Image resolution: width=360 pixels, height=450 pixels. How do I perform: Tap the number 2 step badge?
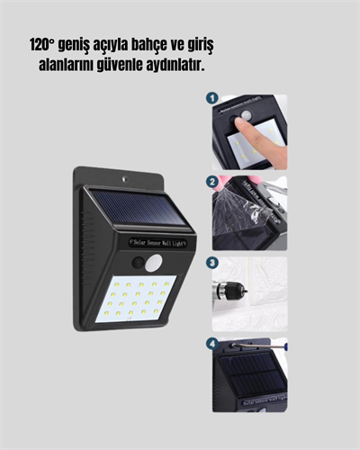coord(211,182)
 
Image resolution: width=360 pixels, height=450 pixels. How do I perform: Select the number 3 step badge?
coord(211,264)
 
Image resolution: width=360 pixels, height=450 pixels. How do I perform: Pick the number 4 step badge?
coord(211,344)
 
